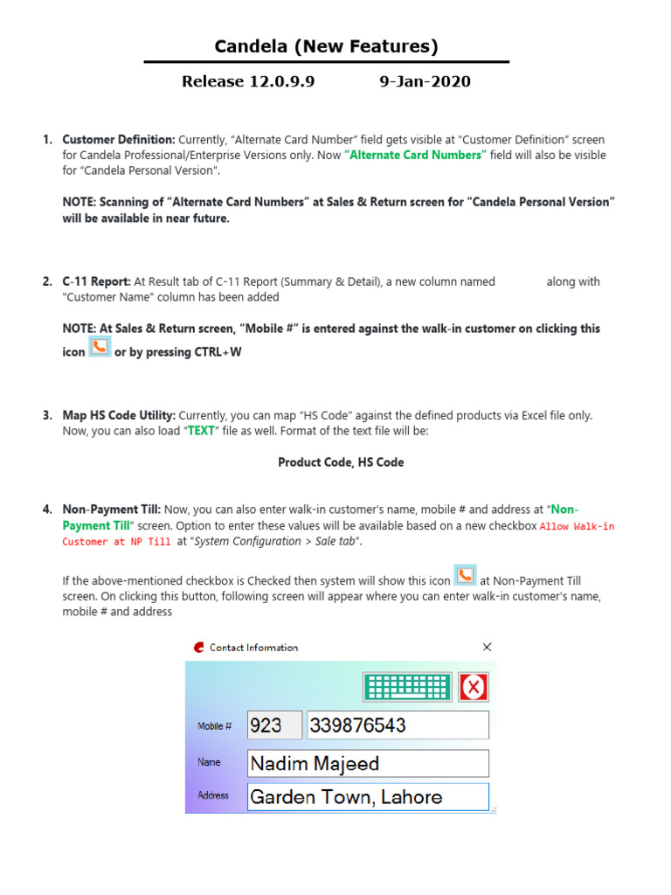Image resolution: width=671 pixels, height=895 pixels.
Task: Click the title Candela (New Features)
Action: tap(327, 46)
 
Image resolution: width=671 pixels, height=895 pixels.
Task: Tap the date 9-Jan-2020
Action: tap(425, 82)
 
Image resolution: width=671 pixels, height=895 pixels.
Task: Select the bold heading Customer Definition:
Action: tap(119, 140)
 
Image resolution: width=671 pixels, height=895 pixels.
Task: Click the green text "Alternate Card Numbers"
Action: tap(415, 156)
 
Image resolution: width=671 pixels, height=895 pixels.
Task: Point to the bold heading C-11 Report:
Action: tap(96, 282)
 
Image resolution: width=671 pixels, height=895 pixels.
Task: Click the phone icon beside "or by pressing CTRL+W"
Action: tap(100, 347)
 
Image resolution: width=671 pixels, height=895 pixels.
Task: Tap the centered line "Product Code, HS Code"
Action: tap(341, 462)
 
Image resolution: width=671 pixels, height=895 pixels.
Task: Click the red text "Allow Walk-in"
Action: tap(578, 526)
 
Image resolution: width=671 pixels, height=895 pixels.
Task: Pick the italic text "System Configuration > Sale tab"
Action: tap(273, 542)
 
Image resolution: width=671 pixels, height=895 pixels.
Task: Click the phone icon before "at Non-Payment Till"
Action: tap(466, 575)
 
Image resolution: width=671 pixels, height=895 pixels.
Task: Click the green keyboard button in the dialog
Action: tap(408, 687)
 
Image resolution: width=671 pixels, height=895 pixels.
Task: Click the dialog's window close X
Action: tap(487, 648)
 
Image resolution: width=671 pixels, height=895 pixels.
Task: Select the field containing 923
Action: tap(274, 725)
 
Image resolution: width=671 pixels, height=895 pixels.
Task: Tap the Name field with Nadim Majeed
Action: tap(368, 764)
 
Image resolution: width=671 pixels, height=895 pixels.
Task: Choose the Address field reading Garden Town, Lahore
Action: tap(368, 797)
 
